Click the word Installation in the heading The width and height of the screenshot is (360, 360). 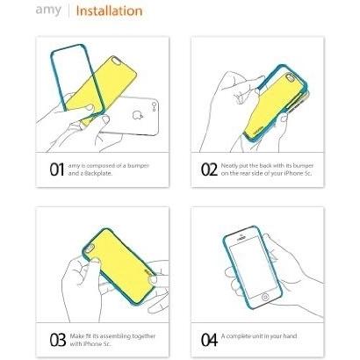pos(109,11)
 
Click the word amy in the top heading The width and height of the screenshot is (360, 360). pos(48,11)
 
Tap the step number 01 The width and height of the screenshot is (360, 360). pos(57,169)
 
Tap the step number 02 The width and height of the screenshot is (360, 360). pos(209,169)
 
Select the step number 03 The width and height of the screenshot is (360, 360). pos(58,340)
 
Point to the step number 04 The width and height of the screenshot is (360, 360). pos(209,340)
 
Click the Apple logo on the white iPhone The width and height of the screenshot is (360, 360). pos(137,115)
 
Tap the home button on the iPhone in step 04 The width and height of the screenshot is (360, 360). pos(265,298)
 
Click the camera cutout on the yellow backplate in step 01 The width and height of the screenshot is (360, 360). pos(118,61)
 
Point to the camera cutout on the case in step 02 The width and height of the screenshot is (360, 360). pos(291,78)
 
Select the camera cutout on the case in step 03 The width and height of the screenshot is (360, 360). pos(90,248)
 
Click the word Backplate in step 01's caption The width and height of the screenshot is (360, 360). pos(98,173)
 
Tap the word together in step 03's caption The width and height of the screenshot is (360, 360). pos(144,336)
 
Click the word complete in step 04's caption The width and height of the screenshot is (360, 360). pos(240,336)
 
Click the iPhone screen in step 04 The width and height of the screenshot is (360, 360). pos(253,266)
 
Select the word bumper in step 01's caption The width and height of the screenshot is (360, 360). pos(138,166)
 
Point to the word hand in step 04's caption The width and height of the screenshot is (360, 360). pos(290,336)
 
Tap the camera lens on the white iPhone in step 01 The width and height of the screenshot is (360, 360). pos(155,104)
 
